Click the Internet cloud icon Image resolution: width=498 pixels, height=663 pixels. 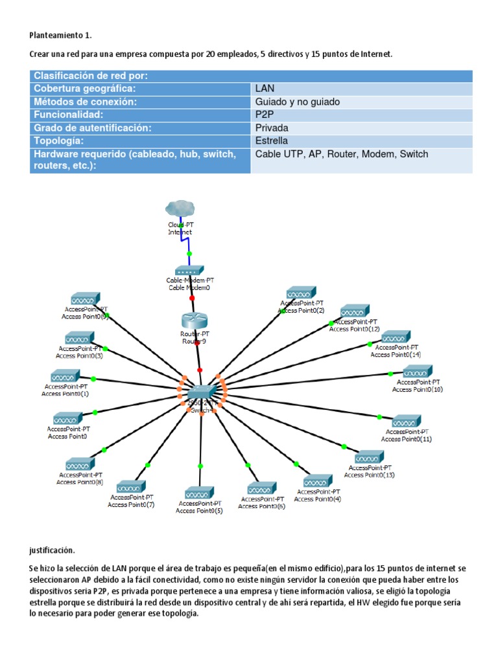(x=180, y=208)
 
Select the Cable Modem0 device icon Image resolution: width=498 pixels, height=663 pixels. (x=189, y=270)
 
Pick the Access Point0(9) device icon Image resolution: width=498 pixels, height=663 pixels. (x=84, y=300)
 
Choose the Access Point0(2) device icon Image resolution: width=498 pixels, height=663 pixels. (x=302, y=293)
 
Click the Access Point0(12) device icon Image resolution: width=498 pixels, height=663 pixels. (x=354, y=311)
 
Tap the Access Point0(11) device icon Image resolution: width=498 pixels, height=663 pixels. (x=407, y=421)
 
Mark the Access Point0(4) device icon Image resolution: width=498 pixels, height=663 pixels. (x=318, y=481)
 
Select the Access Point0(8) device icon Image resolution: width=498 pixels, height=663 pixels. (x=79, y=464)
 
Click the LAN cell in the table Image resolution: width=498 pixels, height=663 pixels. (x=265, y=89)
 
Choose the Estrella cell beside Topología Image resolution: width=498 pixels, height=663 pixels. (x=272, y=140)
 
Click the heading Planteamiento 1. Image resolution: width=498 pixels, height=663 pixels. (x=65, y=35)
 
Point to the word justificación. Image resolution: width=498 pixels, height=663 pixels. (x=52, y=550)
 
